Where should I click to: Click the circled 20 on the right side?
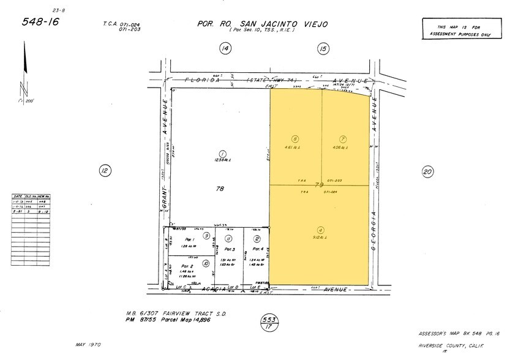click(427, 171)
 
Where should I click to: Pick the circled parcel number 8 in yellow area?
click(295, 138)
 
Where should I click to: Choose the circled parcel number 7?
click(343, 138)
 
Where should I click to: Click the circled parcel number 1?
click(223, 154)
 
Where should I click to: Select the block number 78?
click(219, 189)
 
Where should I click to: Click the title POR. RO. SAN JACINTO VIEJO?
click(262, 24)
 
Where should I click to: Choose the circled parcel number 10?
click(206, 264)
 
